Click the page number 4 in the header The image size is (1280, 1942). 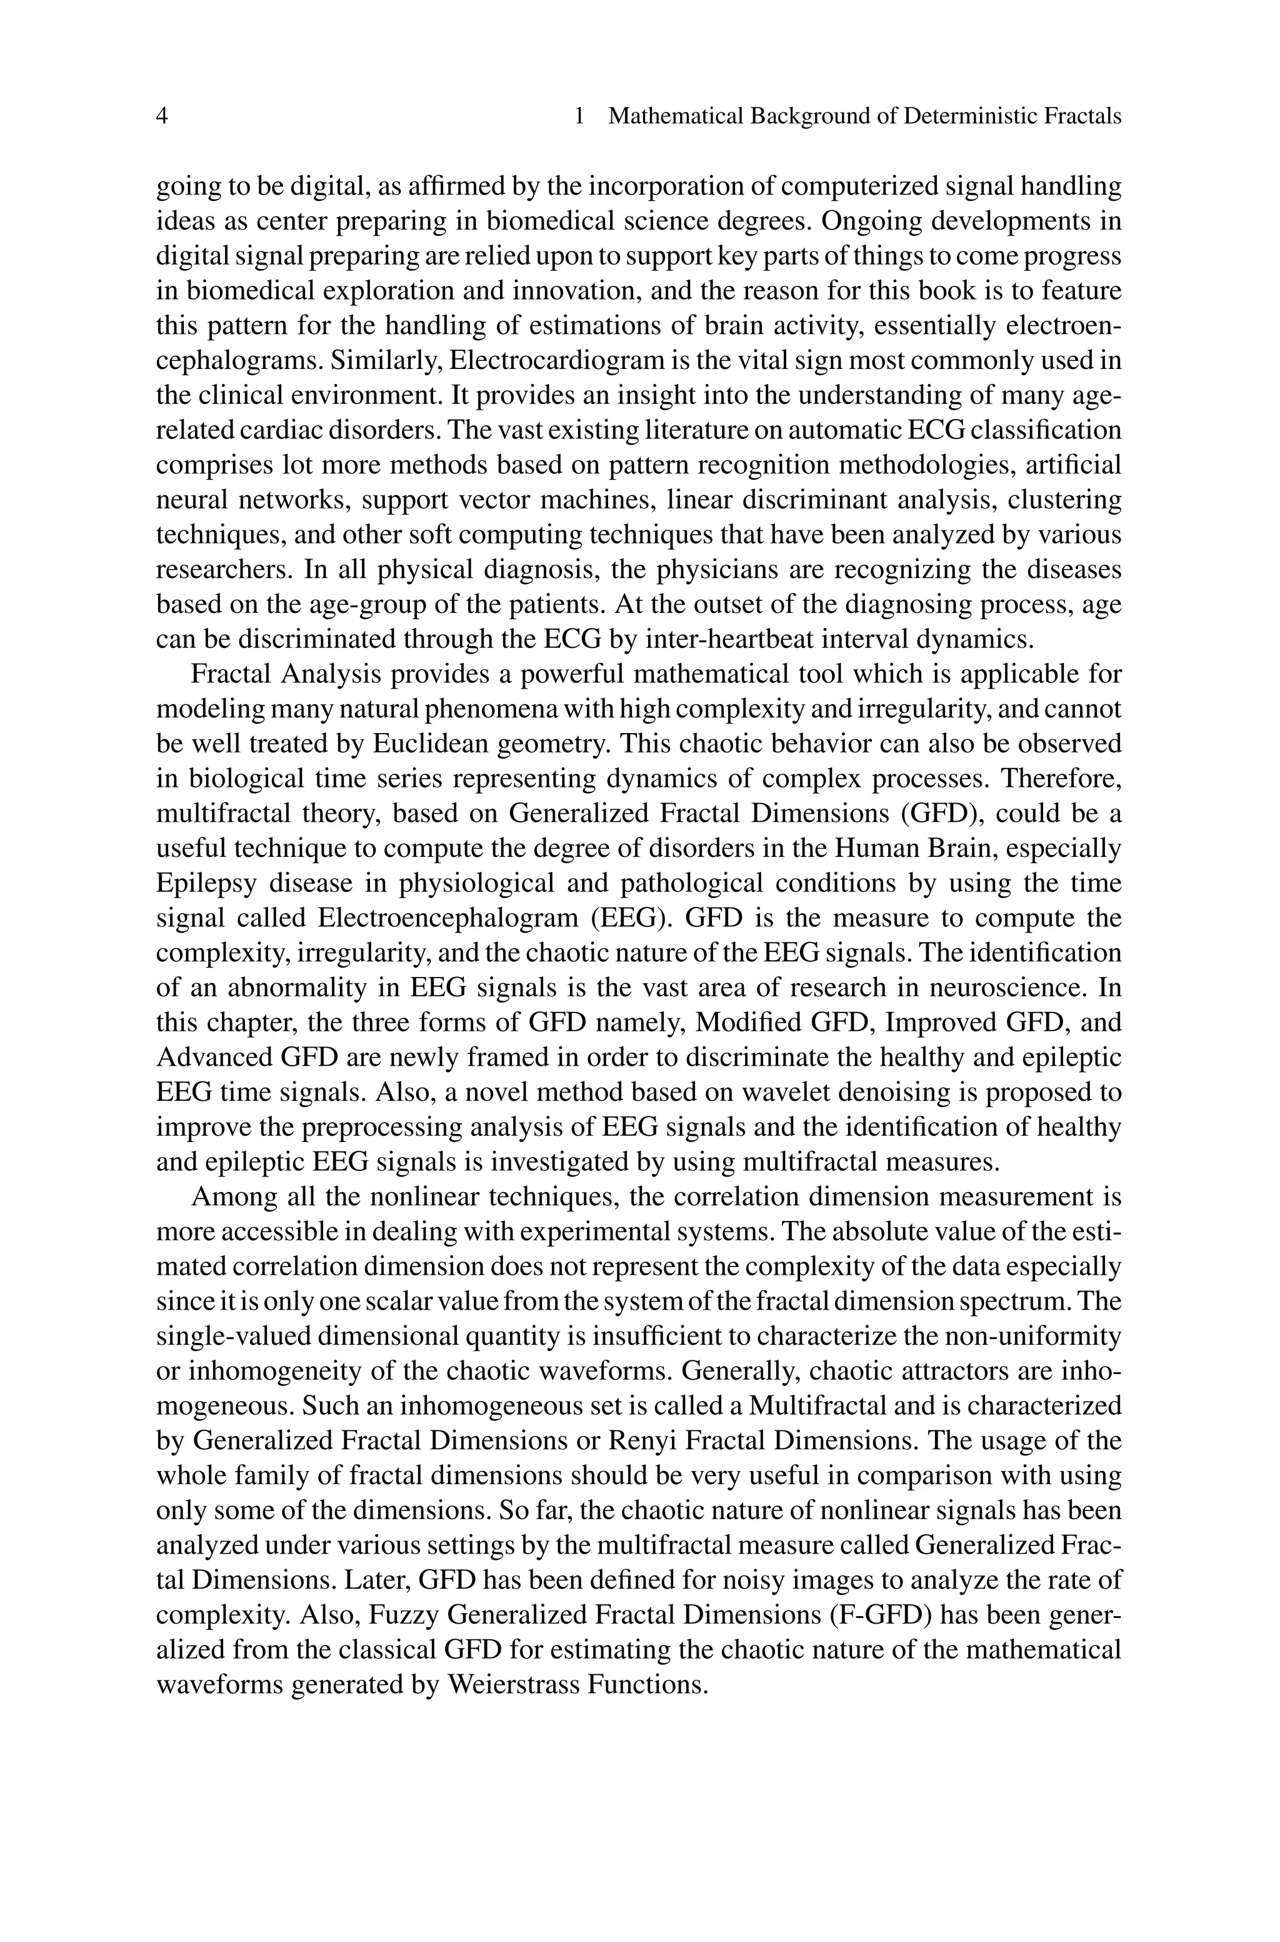[162, 117]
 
